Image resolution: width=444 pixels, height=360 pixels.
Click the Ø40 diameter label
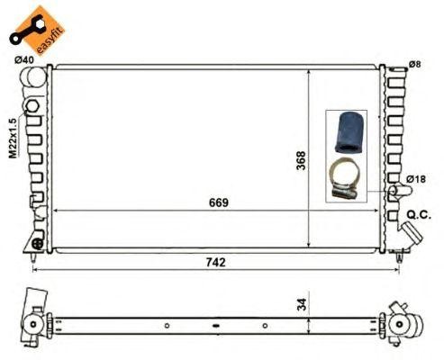[x=23, y=60]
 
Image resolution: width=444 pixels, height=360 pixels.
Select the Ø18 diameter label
[x=415, y=180]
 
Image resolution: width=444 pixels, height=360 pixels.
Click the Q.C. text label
[x=421, y=213]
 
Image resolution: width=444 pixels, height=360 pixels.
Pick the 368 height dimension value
[x=302, y=159]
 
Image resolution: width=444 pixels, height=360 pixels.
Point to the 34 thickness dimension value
[x=302, y=303]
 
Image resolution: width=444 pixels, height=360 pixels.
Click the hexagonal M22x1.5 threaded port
[x=33, y=107]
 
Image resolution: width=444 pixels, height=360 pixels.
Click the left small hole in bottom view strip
[x=167, y=325]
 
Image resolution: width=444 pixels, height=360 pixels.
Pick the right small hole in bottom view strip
[x=264, y=325]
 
